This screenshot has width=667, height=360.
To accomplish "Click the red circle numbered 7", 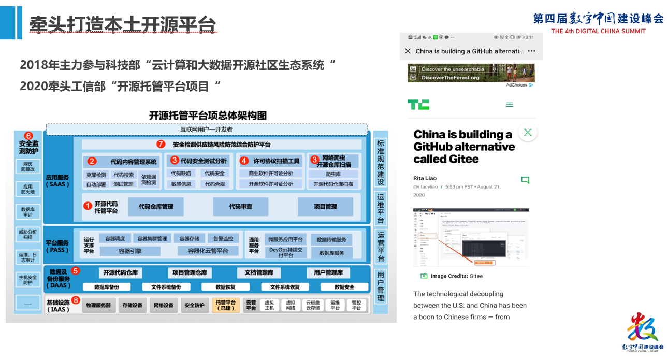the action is [x=161, y=144].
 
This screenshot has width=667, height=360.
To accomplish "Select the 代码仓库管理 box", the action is [x=156, y=207].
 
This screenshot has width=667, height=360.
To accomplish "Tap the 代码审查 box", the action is [x=241, y=207].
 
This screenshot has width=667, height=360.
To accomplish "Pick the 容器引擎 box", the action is [x=130, y=251].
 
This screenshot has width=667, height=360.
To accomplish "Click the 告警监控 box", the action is [x=223, y=239].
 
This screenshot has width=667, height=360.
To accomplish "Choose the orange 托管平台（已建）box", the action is [x=225, y=305].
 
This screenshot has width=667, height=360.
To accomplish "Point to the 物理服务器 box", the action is [x=98, y=305].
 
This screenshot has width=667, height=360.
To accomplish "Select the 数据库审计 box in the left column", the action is [x=28, y=212].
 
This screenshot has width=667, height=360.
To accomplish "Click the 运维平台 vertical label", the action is [x=381, y=209].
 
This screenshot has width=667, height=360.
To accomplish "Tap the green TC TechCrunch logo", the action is [x=418, y=105].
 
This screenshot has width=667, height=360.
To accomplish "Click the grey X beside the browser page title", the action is [x=408, y=51].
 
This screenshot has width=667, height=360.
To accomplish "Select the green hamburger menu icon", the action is [x=510, y=105].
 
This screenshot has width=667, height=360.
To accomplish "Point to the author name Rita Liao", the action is [x=425, y=179].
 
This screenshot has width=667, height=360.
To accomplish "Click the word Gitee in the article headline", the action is [x=463, y=159].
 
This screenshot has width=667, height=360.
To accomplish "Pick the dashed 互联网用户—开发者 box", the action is [x=207, y=129].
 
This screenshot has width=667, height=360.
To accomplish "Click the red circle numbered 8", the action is [x=76, y=300].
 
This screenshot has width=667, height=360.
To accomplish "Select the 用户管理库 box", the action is [x=328, y=273].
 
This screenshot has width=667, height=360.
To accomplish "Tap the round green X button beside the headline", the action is [x=528, y=133].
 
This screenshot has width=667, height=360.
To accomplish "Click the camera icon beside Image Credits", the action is [x=424, y=276].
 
